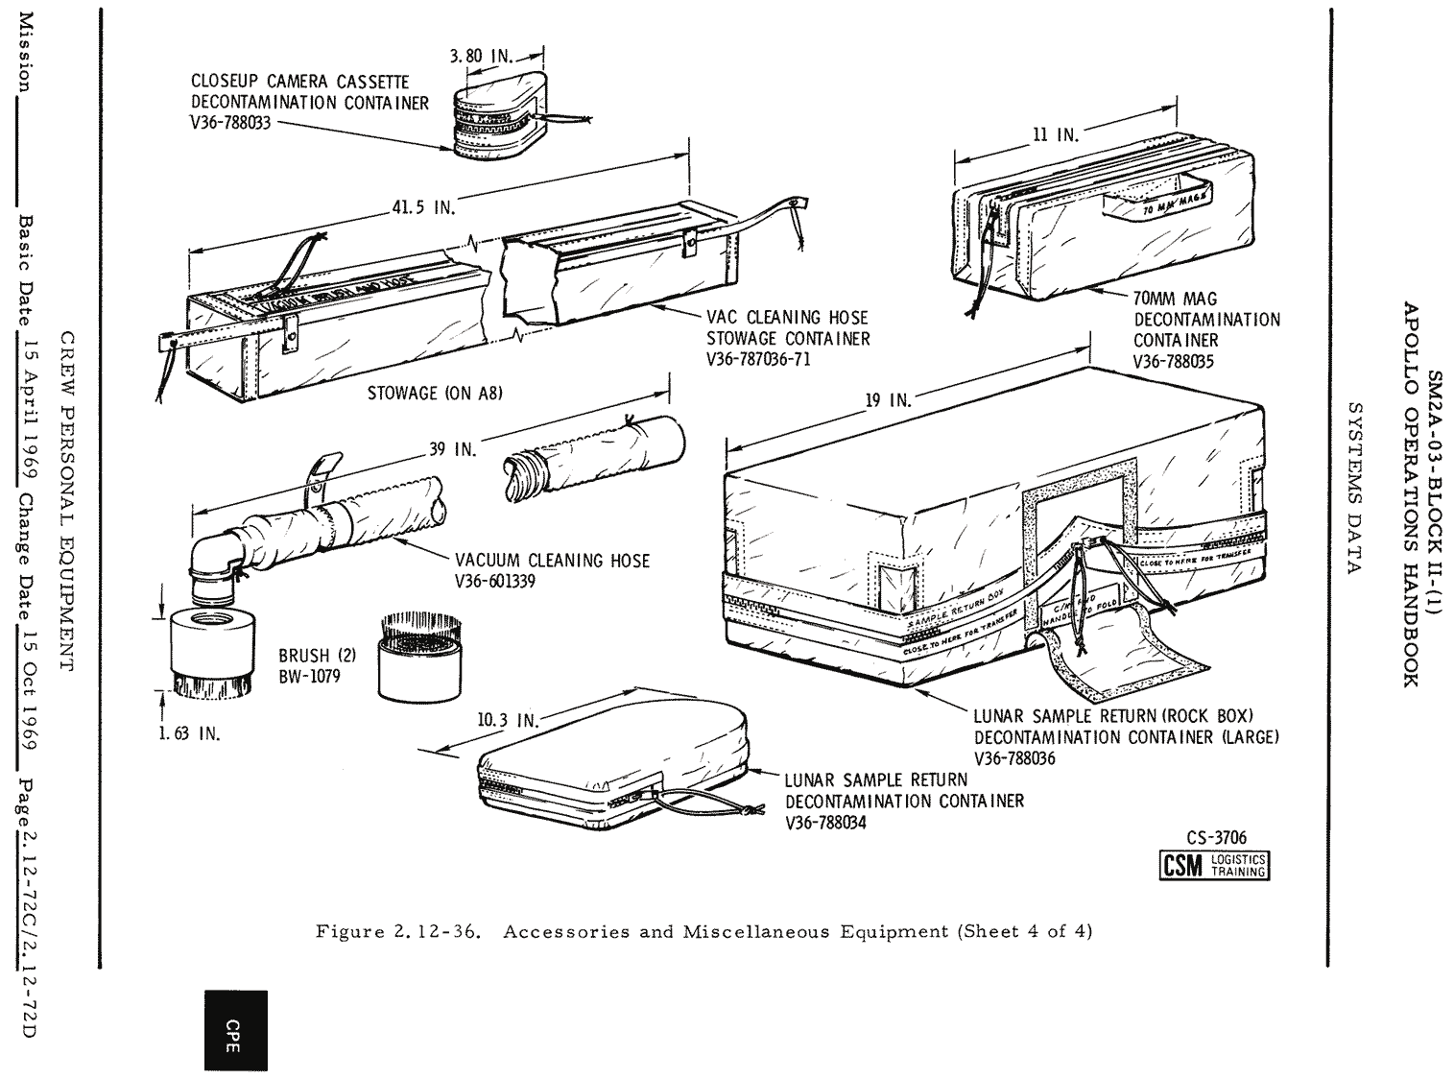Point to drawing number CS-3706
tap(1216, 838)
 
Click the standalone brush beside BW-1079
tap(416, 658)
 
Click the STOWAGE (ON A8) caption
tap(435, 393)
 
